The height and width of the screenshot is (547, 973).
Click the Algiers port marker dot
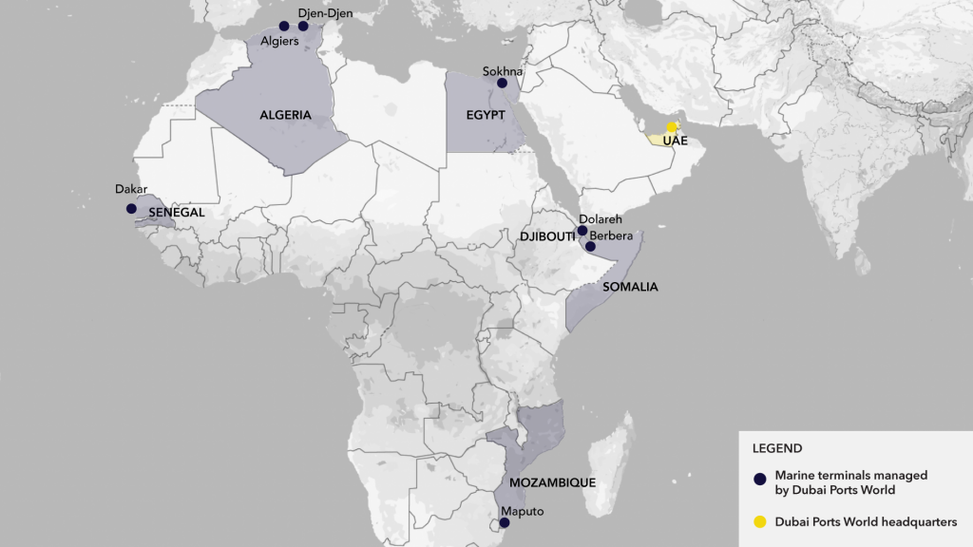283,26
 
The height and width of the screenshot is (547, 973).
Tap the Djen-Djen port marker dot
303,26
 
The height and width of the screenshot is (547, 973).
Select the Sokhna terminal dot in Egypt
503,84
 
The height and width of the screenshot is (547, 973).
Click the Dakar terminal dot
131,209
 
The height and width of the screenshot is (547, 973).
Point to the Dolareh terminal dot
582,231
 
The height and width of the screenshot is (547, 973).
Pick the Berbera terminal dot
590,247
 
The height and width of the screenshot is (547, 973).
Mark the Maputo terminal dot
505,522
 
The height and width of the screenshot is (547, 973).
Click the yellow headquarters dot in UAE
671,127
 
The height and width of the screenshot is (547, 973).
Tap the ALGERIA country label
285,115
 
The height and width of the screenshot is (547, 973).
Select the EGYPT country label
485,115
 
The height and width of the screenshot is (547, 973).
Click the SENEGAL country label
176,213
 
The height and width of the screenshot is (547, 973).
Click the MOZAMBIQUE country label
552,482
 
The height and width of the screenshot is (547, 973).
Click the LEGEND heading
777,448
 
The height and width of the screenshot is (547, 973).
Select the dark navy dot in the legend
759,480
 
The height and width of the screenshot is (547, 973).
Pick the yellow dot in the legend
759,520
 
